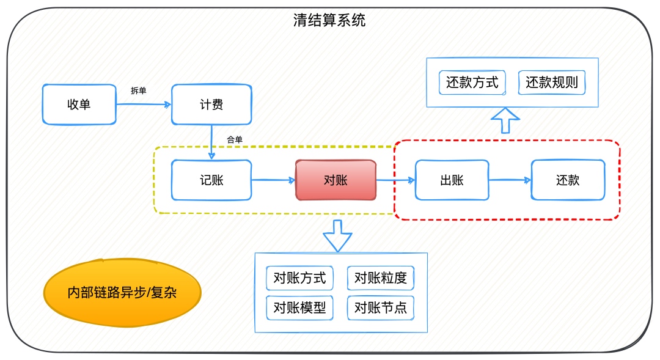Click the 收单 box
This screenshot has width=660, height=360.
[79, 105]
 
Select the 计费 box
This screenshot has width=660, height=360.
[211, 105]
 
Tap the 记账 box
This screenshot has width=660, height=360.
[211, 180]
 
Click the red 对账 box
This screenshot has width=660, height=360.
[335, 180]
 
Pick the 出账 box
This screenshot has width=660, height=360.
[452, 180]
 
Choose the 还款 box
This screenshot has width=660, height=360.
[568, 180]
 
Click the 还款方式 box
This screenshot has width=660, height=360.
[472, 83]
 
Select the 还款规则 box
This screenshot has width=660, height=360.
[552, 83]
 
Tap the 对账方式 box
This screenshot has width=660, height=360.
[299, 278]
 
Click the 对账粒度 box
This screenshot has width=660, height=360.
[381, 278]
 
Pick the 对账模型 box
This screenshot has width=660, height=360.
[299, 308]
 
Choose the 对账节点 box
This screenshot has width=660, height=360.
[381, 308]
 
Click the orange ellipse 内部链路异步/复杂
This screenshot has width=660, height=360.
[122, 293]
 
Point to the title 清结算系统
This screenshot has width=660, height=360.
[329, 20]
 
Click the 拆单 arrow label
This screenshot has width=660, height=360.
[139, 90]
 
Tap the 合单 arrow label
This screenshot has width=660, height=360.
[235, 140]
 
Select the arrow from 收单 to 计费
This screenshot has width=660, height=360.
[144, 104]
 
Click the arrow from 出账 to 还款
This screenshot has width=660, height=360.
[510, 180]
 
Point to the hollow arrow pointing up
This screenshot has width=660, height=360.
[505, 120]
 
